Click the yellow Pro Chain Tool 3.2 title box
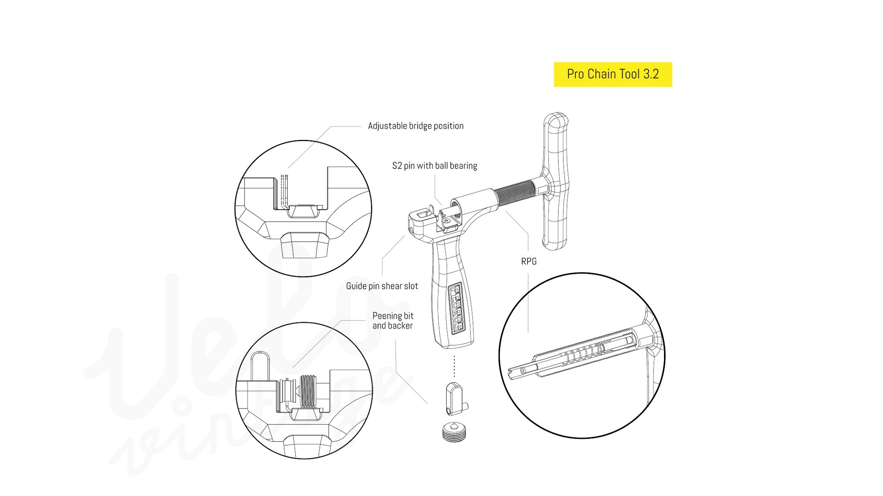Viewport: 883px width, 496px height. [x=613, y=74]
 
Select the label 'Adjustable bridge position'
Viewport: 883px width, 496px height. [x=416, y=126]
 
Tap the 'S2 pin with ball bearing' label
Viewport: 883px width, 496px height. [x=435, y=166]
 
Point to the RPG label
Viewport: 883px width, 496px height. [x=529, y=261]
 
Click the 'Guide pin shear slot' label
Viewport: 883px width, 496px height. [x=382, y=286]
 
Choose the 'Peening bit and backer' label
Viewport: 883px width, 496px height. [x=393, y=321]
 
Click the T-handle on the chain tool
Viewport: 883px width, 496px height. [x=556, y=181]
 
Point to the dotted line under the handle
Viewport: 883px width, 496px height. [x=454, y=366]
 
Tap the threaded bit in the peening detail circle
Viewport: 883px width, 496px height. [x=308, y=391]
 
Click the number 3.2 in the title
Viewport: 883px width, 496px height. [x=651, y=74]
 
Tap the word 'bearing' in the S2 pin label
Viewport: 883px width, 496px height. [x=463, y=166]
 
